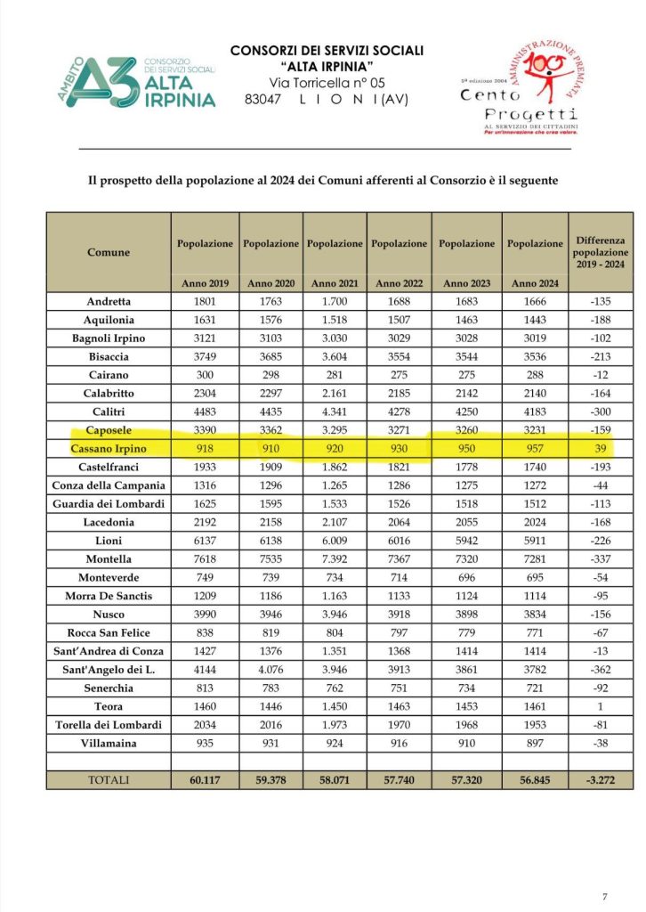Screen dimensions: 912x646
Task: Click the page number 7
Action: point(605,895)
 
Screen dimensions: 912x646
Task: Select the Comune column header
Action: point(109,252)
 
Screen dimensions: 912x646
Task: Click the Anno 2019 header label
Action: point(206,283)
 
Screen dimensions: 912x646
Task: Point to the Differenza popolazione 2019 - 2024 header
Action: point(601,252)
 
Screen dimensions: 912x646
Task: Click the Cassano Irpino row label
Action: point(109,448)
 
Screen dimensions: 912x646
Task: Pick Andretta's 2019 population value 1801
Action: point(206,302)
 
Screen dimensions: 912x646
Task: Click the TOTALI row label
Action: point(109,779)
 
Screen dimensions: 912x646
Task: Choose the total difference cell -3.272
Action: point(601,779)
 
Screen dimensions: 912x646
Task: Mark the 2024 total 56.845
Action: point(535,779)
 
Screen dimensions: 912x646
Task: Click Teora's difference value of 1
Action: point(601,704)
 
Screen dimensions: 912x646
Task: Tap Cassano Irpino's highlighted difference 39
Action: point(601,448)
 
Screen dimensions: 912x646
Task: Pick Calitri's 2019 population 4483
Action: point(206,411)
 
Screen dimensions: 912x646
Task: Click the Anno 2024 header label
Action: point(535,283)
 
